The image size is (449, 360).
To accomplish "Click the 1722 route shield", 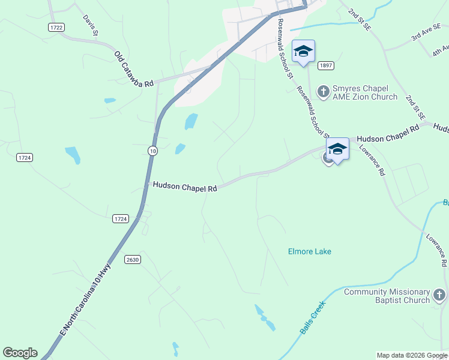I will tap(57, 28).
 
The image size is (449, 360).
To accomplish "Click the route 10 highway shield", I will tap(153, 151).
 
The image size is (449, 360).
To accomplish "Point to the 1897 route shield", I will tap(326, 65).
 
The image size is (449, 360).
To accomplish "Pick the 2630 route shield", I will tap(133, 259).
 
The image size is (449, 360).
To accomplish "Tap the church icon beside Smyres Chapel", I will tap(324, 92).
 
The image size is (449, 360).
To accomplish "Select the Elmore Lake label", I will tap(310, 251).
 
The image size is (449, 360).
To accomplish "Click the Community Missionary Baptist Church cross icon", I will tap(439, 295).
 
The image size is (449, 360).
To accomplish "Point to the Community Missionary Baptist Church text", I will tap(387, 296).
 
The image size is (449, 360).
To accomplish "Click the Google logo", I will tap(20, 353).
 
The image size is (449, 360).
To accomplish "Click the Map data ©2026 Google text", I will tap(412, 355).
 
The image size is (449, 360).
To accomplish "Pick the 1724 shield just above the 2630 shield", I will tap(120, 219).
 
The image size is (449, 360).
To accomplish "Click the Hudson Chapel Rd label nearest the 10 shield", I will tap(184, 187).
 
